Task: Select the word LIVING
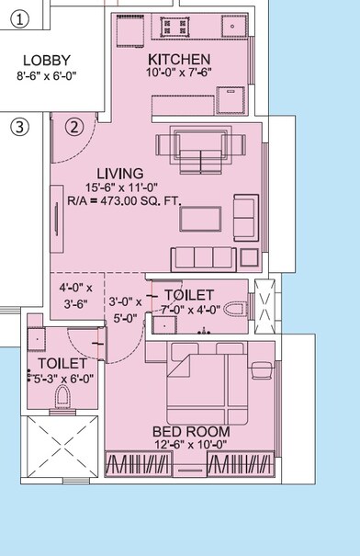(119, 173)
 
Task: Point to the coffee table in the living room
(200, 218)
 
